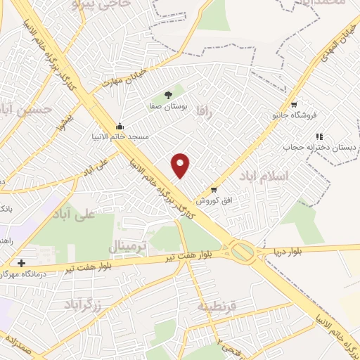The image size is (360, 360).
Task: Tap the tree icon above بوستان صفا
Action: pos(168,94)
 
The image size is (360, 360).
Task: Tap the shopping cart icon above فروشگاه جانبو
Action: pos(294,103)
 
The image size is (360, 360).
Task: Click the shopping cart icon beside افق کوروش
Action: pos(214,190)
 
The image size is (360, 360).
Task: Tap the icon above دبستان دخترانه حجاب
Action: pos(319,136)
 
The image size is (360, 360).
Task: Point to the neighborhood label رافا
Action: pos(204,121)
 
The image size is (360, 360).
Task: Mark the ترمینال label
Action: pos(127,246)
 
